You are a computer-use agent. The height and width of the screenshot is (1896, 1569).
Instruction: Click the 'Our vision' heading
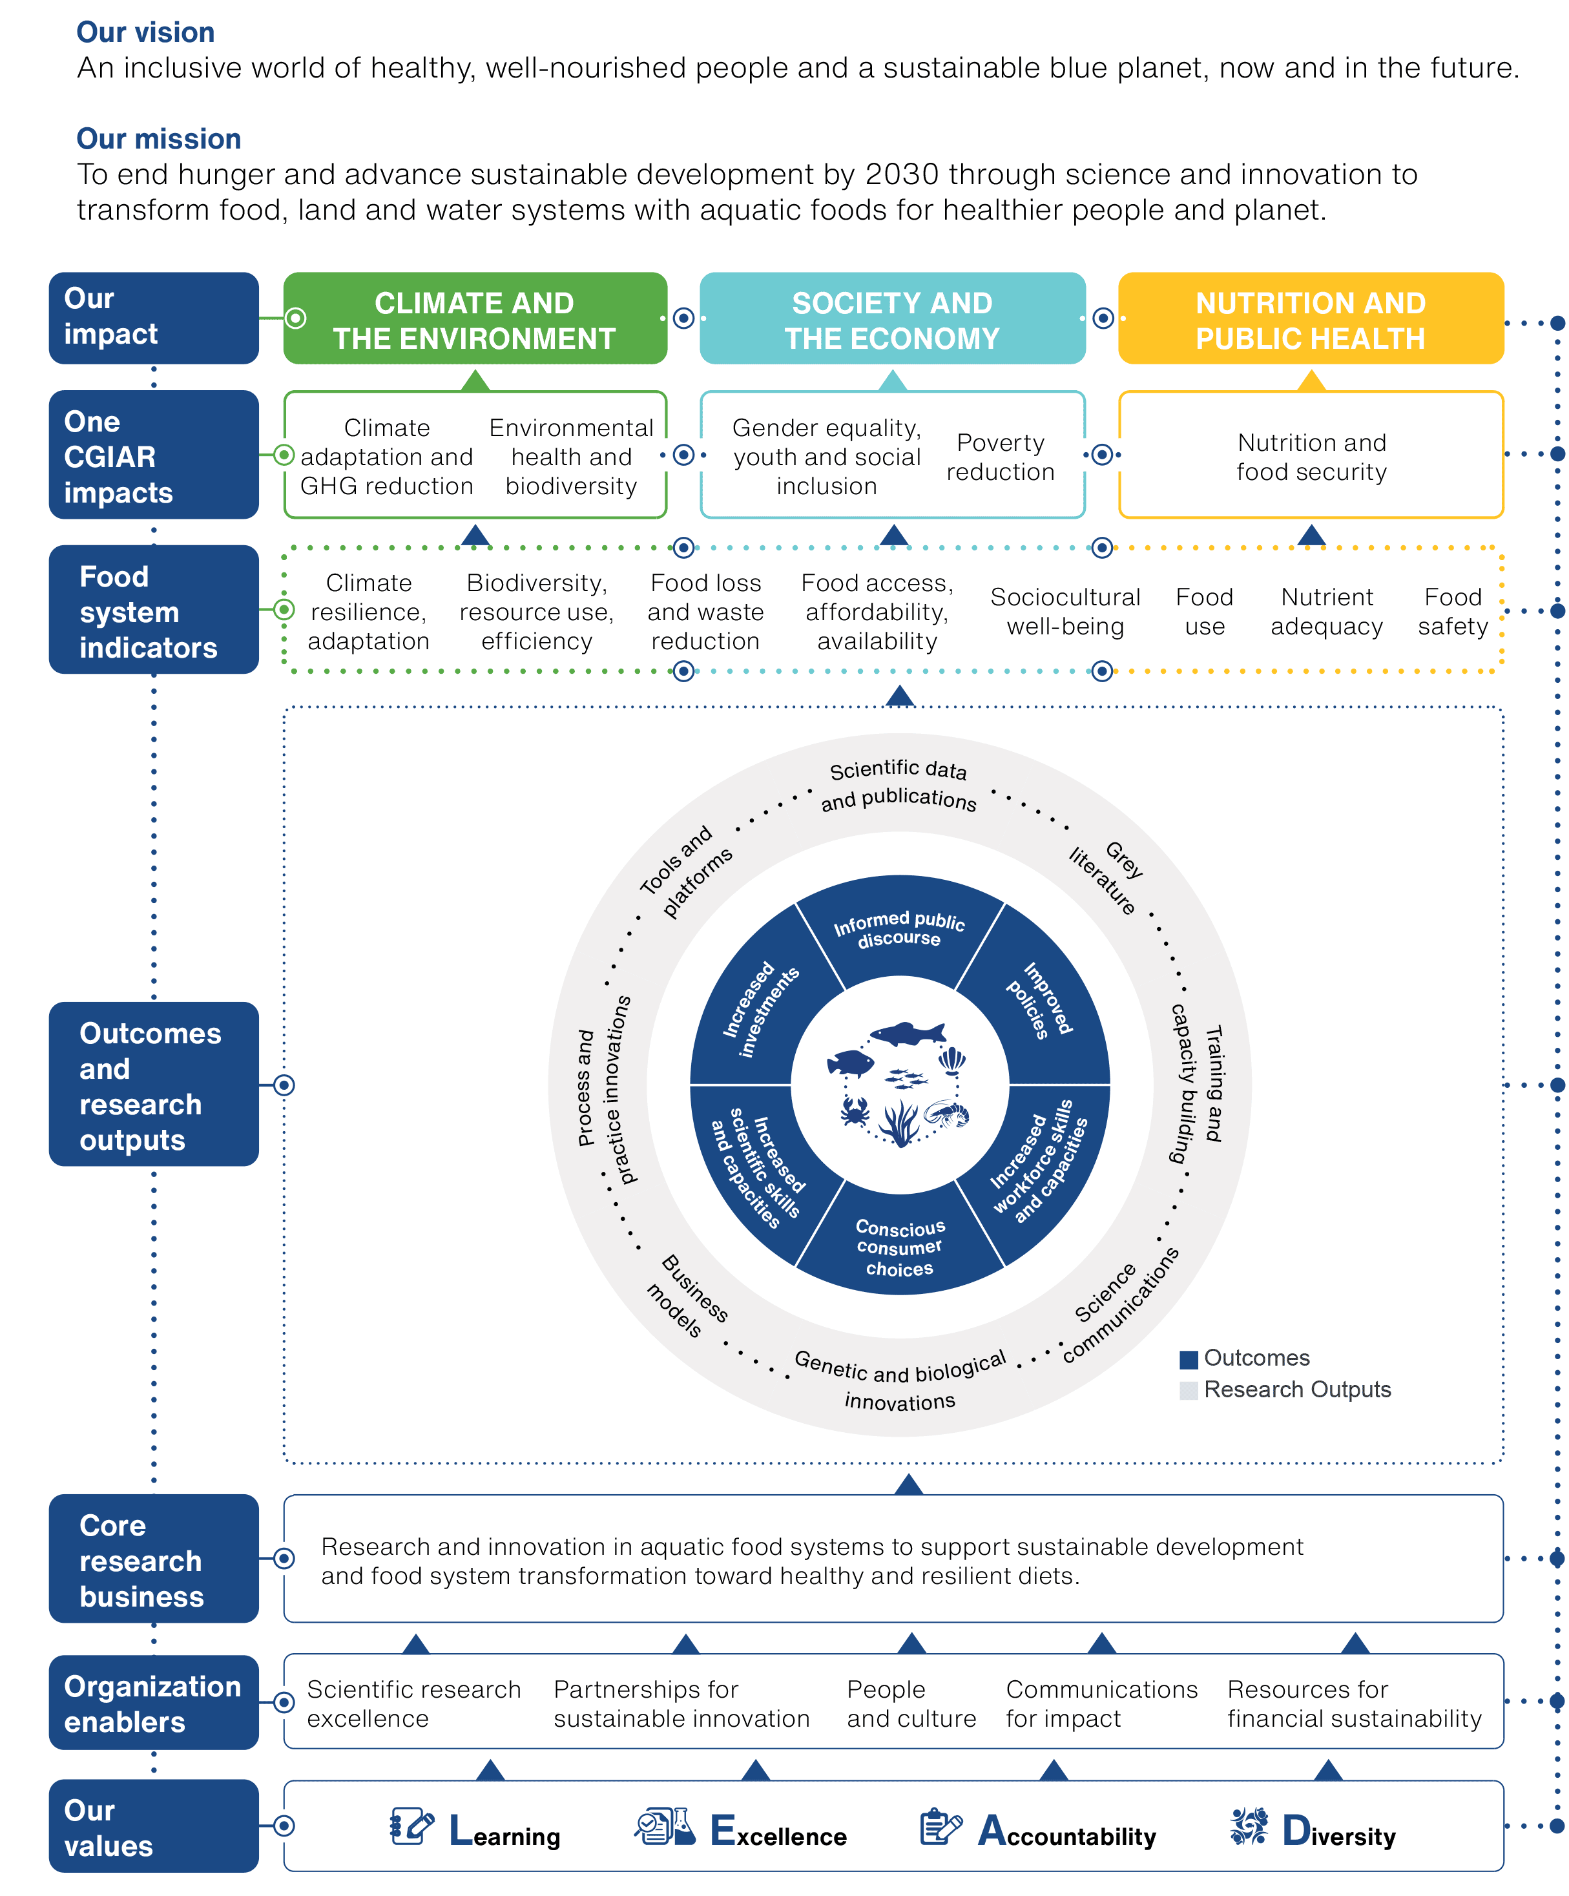(x=145, y=32)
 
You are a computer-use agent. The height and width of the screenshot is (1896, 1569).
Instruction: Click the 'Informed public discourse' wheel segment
(x=899, y=930)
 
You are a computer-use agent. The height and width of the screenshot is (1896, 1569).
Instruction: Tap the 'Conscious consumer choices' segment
(x=899, y=1247)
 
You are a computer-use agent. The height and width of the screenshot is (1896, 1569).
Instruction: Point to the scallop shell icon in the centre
(x=951, y=1059)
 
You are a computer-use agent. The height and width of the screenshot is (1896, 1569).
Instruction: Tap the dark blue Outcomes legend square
(x=1188, y=1359)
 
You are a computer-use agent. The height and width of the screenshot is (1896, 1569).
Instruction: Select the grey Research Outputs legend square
(x=1188, y=1390)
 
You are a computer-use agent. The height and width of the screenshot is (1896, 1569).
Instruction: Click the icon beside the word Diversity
(x=1249, y=1826)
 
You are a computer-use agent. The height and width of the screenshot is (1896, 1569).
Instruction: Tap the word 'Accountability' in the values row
(x=1080, y=1835)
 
